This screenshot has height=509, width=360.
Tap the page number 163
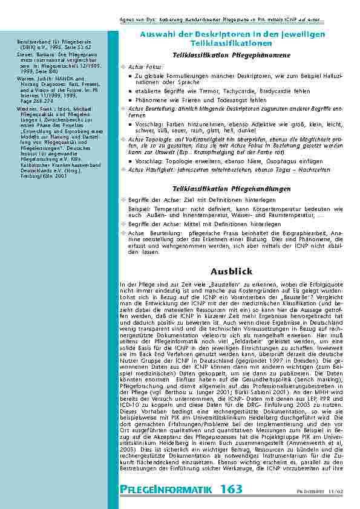231,488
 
